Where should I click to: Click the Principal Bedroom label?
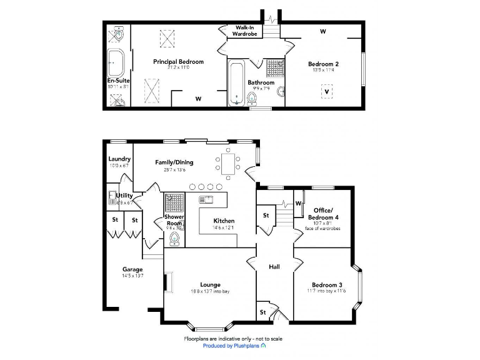[178, 62]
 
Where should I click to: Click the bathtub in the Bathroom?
[236, 82]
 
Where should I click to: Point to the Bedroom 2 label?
[323, 64]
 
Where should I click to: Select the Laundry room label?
[119, 159]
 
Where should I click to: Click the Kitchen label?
[224, 221]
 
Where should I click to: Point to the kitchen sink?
[206, 200]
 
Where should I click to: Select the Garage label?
[132, 269]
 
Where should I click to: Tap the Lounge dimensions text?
[210, 291]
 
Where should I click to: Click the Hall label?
[274, 267]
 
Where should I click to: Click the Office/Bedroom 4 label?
[323, 213]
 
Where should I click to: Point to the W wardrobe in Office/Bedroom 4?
[298, 204]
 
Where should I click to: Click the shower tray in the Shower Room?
[174, 202]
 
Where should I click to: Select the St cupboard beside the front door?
[263, 311]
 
